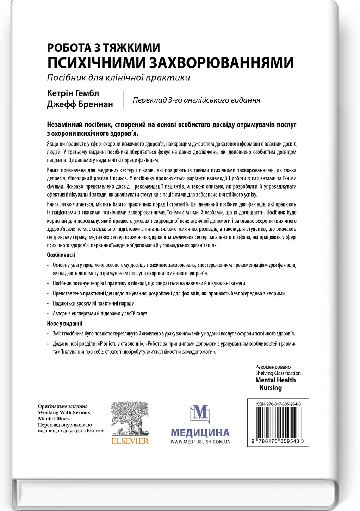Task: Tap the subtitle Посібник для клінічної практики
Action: point(118,78)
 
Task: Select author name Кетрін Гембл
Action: point(73,93)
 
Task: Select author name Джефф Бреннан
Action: point(80,104)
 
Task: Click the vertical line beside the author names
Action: point(123,99)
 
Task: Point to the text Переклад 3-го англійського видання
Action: point(196,100)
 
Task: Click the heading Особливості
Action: point(61,255)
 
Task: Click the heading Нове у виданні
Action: point(64,323)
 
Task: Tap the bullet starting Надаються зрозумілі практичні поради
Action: point(94,303)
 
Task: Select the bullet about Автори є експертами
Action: point(101,313)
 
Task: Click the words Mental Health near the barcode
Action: point(275,380)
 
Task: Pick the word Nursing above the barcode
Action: point(271,388)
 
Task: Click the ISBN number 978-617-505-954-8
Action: point(278,404)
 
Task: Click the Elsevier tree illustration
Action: point(130,419)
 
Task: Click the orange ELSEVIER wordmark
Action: point(130,441)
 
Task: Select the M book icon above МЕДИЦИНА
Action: point(200,414)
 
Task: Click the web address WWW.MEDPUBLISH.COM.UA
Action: point(200,442)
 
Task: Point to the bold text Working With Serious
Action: point(64,412)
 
